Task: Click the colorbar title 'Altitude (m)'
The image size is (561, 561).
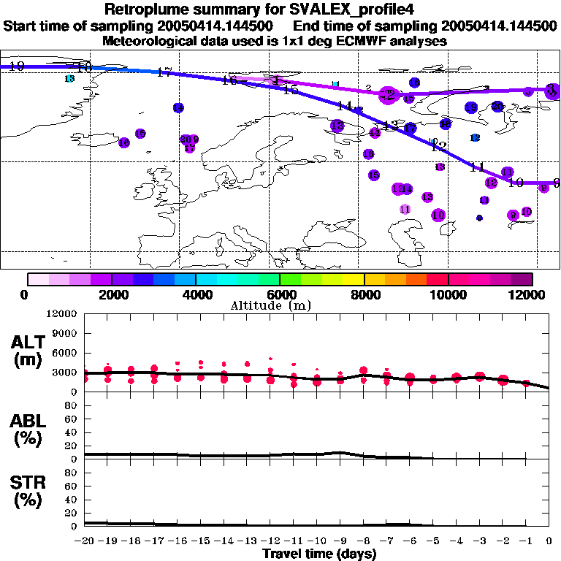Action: tap(281, 305)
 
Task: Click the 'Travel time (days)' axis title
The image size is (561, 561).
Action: tap(319, 554)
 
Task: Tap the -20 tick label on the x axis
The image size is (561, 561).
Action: tap(85, 541)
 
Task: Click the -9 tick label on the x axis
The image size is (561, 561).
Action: tap(340, 541)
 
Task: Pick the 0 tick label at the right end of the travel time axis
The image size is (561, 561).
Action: tap(549, 541)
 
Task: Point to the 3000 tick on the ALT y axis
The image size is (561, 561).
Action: tap(65, 372)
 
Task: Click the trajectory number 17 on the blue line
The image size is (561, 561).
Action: tap(164, 72)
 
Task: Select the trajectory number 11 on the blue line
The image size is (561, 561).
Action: tap(478, 167)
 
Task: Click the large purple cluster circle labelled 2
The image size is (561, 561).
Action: tap(388, 94)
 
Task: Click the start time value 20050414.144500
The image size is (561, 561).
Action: tap(223, 26)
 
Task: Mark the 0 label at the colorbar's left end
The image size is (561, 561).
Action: tap(25, 294)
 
